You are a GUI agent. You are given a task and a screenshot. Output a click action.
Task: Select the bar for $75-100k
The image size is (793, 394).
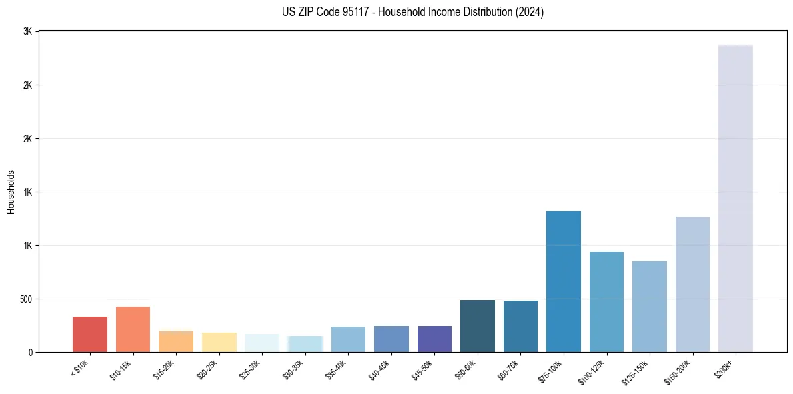[564, 281]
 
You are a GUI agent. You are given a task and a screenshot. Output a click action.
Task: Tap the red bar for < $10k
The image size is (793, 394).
[90, 334]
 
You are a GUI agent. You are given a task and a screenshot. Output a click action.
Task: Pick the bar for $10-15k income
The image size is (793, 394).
[133, 329]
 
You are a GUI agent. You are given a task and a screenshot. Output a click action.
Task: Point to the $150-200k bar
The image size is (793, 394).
[692, 284]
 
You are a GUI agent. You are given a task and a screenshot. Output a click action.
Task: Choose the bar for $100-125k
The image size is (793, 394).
[606, 302]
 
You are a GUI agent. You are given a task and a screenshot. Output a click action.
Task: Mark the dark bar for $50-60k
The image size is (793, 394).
[478, 326]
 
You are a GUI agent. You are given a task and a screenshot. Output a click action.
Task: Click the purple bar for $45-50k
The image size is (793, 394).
[434, 339]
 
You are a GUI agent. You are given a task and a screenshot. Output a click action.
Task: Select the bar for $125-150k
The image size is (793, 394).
[650, 307]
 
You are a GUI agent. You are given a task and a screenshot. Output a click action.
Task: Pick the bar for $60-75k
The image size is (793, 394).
[520, 326]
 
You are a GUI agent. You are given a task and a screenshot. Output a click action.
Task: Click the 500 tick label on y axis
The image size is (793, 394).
[25, 299]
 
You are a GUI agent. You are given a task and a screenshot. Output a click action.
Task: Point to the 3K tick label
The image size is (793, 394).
[28, 31]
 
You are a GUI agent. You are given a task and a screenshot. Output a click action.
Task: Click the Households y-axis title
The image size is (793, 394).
[11, 192]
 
